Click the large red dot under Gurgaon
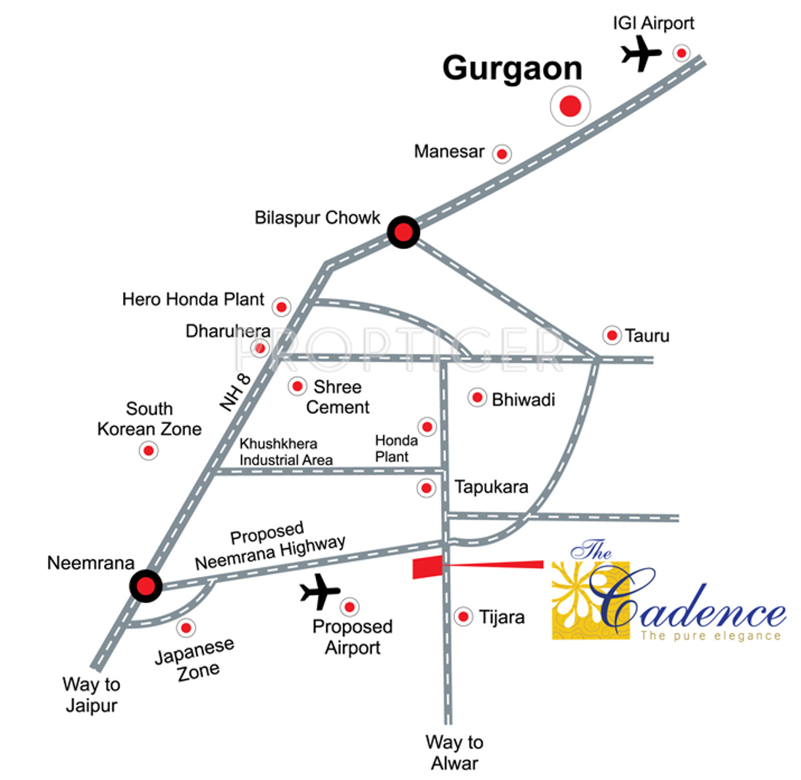point(569,107)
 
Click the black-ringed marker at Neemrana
point(145,586)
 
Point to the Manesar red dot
point(501,154)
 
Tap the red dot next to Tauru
point(612,335)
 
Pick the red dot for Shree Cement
point(297,387)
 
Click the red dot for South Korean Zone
point(149,451)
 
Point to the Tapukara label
point(491,487)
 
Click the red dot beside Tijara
point(462,618)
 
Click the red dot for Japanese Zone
point(187,627)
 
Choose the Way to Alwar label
point(454,752)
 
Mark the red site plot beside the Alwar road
point(427,567)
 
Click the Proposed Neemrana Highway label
point(270,548)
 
